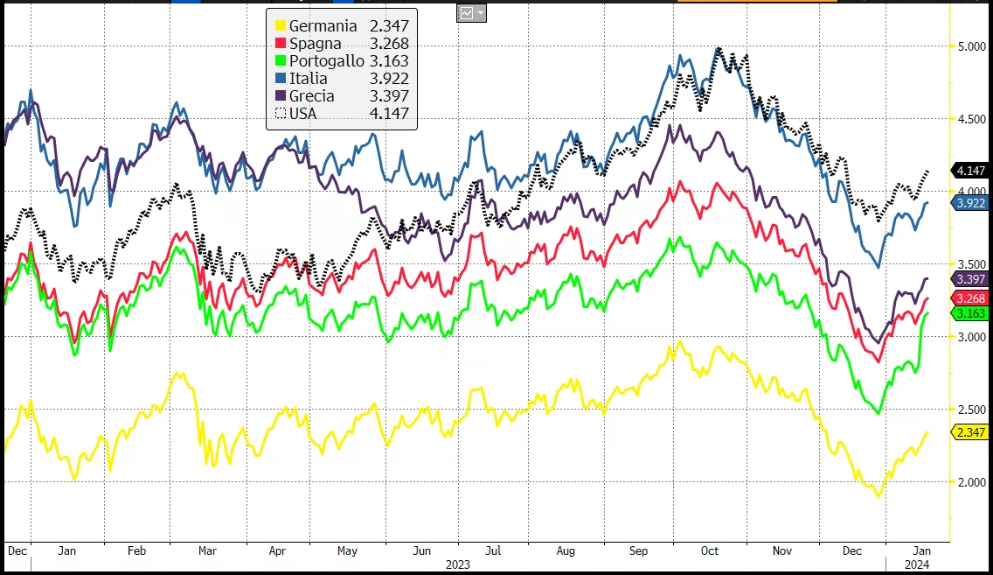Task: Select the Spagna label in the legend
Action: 315,43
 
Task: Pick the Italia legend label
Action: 308,78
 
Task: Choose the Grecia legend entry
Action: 311,95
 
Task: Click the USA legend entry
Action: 305,113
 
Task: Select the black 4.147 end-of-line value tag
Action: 971,171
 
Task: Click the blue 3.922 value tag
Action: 971,203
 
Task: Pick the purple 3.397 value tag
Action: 971,279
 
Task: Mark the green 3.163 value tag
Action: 971,313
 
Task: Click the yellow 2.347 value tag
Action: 971,432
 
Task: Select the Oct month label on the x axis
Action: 710,550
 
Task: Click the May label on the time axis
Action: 347,550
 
